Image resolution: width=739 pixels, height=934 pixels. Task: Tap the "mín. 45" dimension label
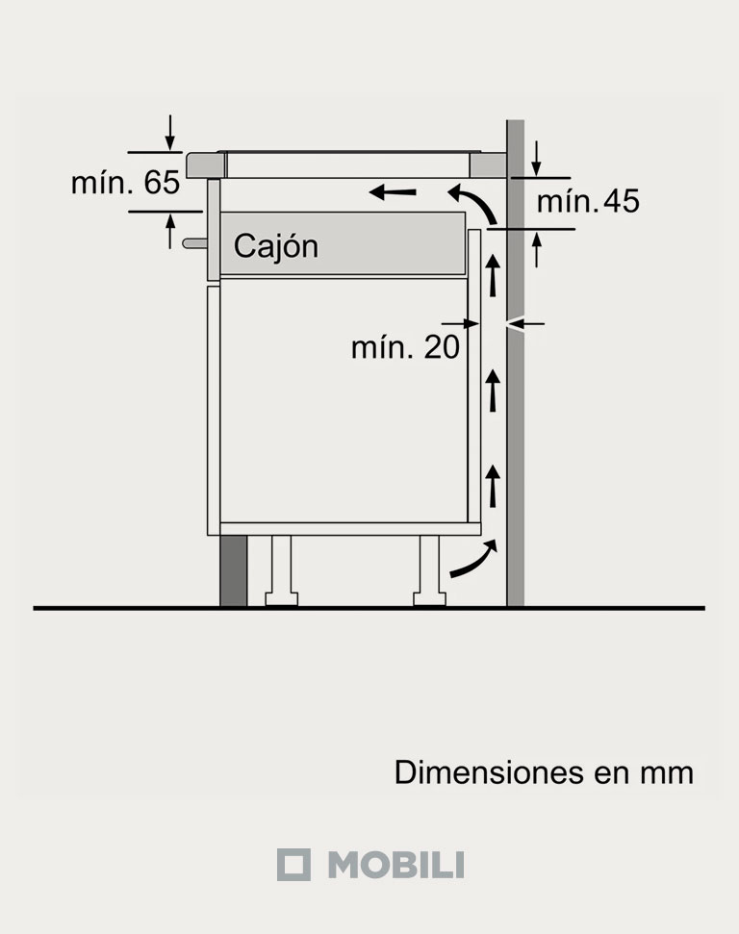pos(587,202)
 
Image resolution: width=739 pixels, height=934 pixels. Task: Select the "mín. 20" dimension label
pos(405,347)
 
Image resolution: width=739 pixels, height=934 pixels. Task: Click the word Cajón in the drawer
pos(275,246)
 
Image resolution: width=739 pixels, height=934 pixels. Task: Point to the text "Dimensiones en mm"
pos(544,772)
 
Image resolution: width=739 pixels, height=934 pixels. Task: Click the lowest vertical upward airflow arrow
pos(494,485)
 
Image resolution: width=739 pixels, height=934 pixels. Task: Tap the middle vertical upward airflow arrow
pos(494,389)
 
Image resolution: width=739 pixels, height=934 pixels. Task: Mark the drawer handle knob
pos(192,244)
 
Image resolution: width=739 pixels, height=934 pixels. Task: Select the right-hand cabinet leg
pos(429,571)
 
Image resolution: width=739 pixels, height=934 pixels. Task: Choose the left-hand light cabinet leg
pos(281,571)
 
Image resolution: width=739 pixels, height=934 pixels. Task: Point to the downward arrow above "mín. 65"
pos(170,133)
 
